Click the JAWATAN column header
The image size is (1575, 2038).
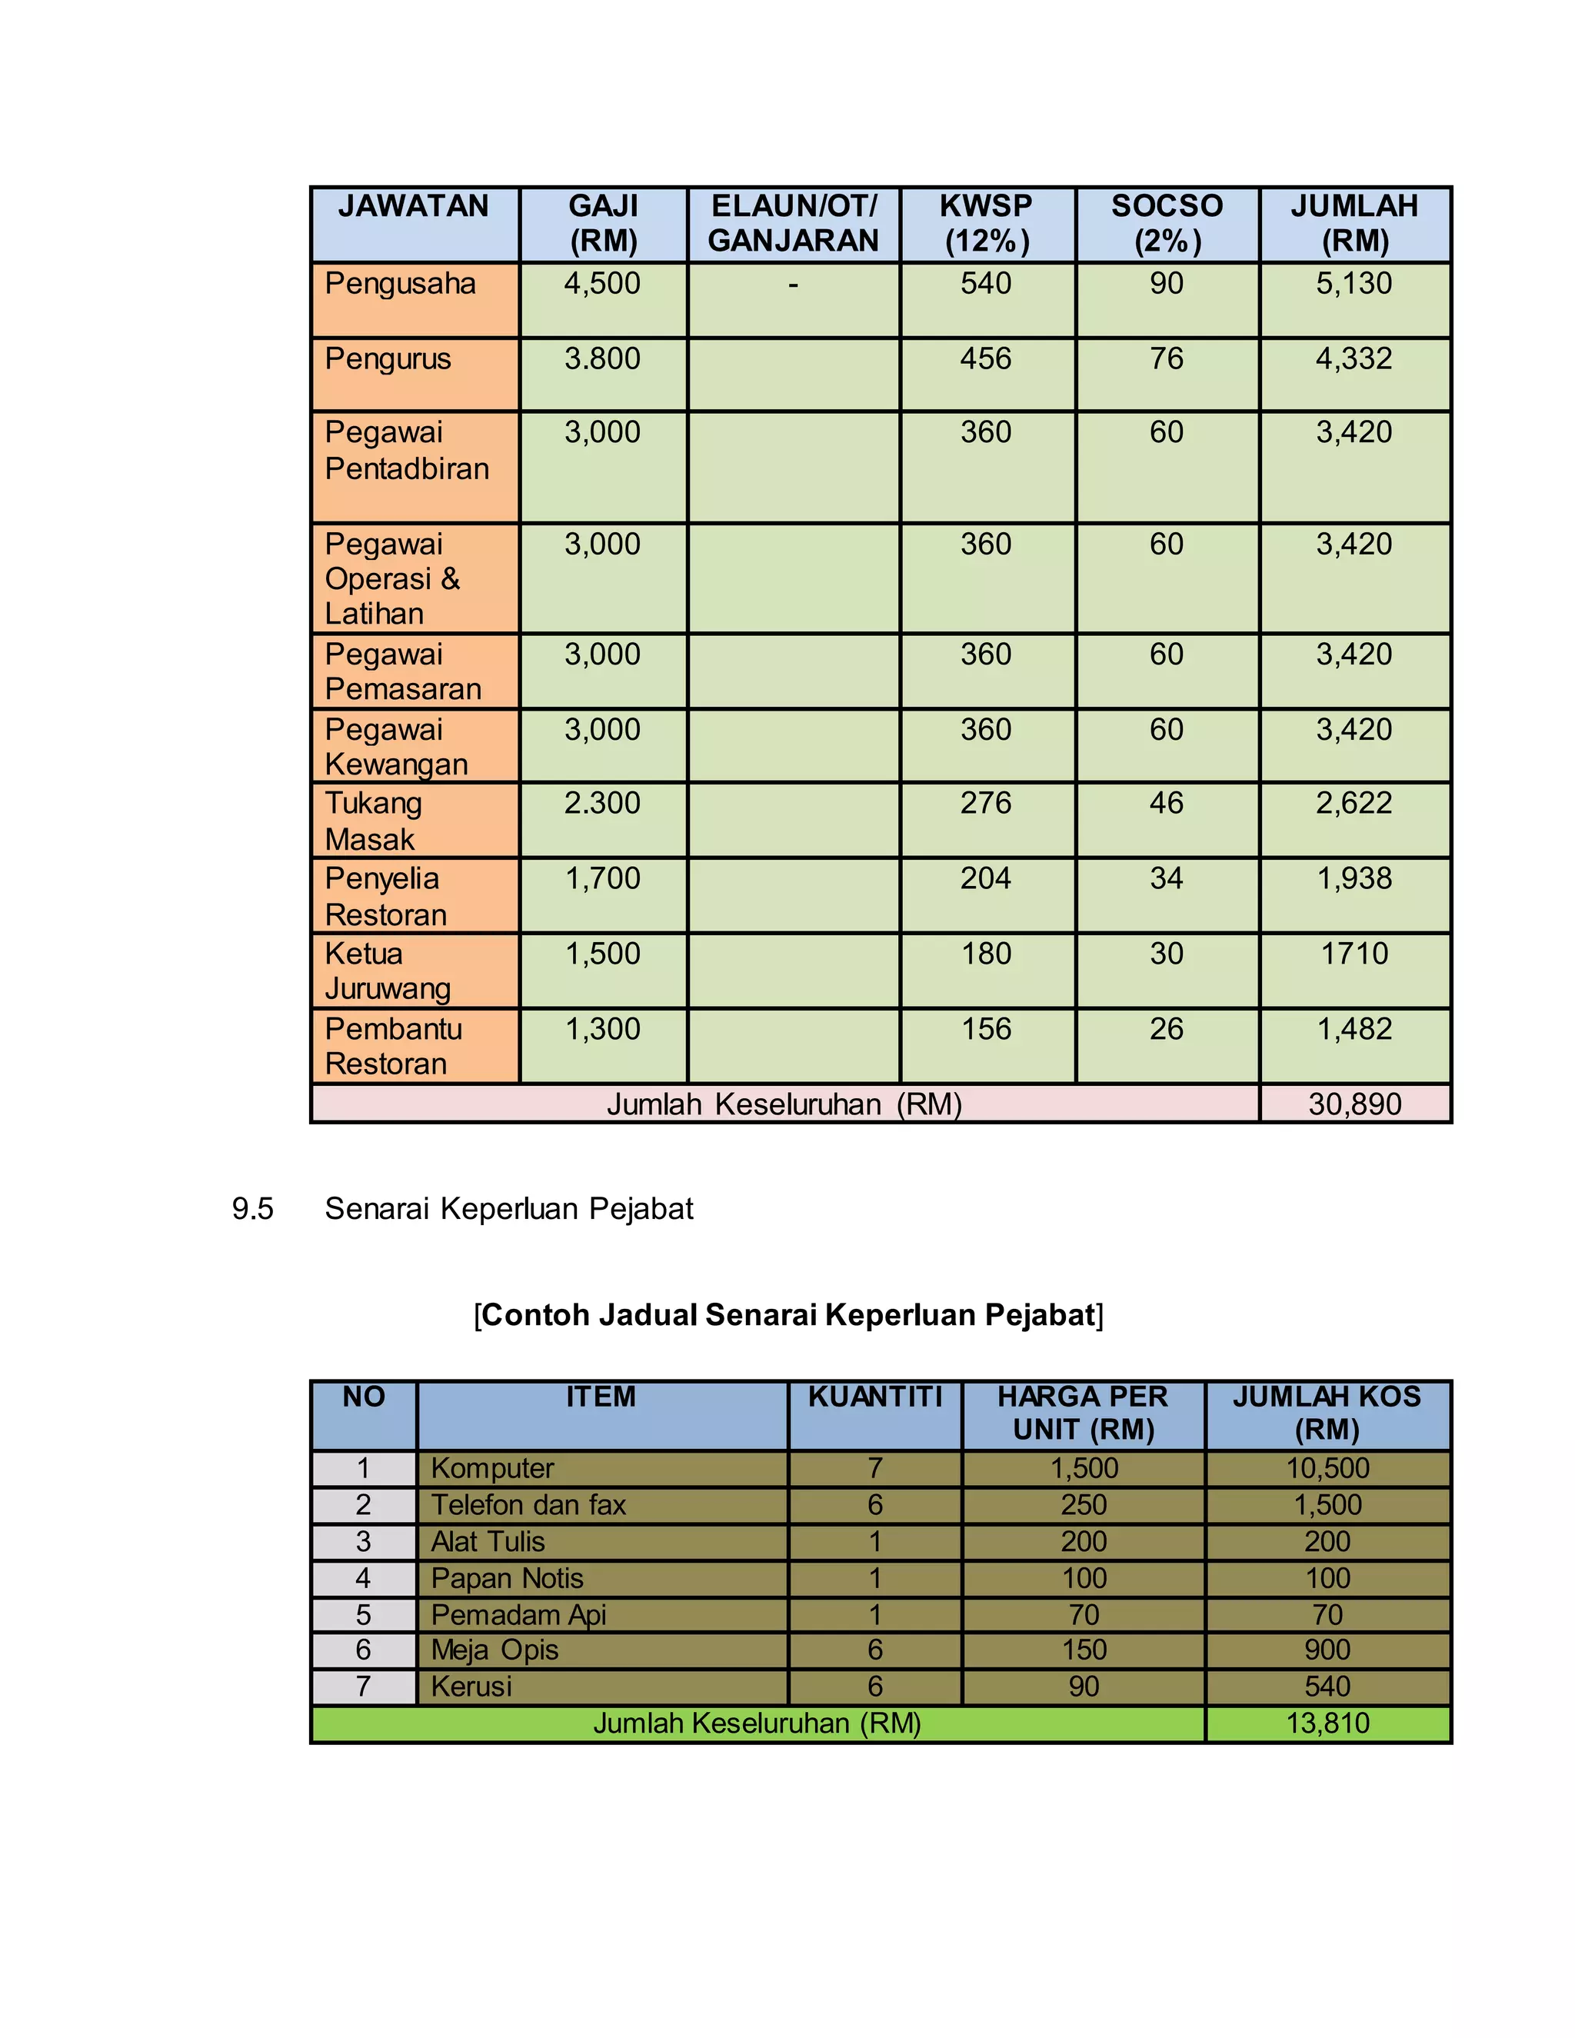[x=412, y=206]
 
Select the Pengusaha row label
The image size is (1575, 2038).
[x=400, y=284]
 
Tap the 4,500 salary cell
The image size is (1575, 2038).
[x=603, y=284]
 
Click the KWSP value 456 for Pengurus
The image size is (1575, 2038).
[x=986, y=358]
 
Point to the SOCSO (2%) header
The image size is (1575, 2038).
[x=1167, y=223]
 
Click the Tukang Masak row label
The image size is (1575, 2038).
[x=373, y=821]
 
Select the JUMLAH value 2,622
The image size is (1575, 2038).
[x=1354, y=804]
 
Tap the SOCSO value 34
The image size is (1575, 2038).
[x=1167, y=878]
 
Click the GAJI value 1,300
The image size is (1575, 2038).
[x=603, y=1029]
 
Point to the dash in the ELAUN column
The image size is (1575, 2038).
[x=793, y=285]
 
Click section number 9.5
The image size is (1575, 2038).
[x=252, y=1210]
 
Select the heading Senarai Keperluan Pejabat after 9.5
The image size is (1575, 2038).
[x=508, y=1210]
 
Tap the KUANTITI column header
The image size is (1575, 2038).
[x=874, y=1397]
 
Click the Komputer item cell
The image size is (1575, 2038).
[x=493, y=1469]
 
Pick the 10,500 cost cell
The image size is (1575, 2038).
[x=1327, y=1469]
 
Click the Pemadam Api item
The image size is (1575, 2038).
[x=519, y=1614]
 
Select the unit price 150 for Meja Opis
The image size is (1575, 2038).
[x=1084, y=1650]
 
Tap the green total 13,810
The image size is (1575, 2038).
[x=1327, y=1723]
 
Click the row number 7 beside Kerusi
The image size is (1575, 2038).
[x=363, y=1687]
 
